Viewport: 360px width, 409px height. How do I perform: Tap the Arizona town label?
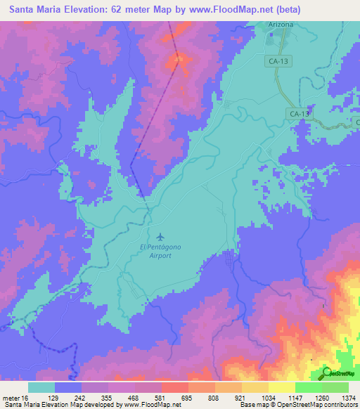(280, 25)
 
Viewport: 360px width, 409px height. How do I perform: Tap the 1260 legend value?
(323, 398)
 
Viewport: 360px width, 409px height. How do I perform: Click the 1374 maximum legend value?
(349, 398)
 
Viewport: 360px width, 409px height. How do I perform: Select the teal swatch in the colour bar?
(41, 387)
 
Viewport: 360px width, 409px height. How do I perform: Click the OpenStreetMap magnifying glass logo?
(326, 372)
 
